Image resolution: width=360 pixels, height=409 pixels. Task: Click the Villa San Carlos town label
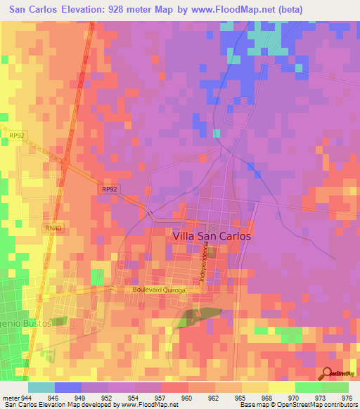click(x=212, y=237)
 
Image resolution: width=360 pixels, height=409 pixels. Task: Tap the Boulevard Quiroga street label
click(x=159, y=290)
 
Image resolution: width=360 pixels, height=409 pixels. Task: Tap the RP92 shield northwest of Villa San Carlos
click(x=108, y=189)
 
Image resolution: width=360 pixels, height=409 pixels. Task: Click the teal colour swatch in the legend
click(x=41, y=387)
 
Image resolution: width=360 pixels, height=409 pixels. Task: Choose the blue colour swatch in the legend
click(x=68, y=387)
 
